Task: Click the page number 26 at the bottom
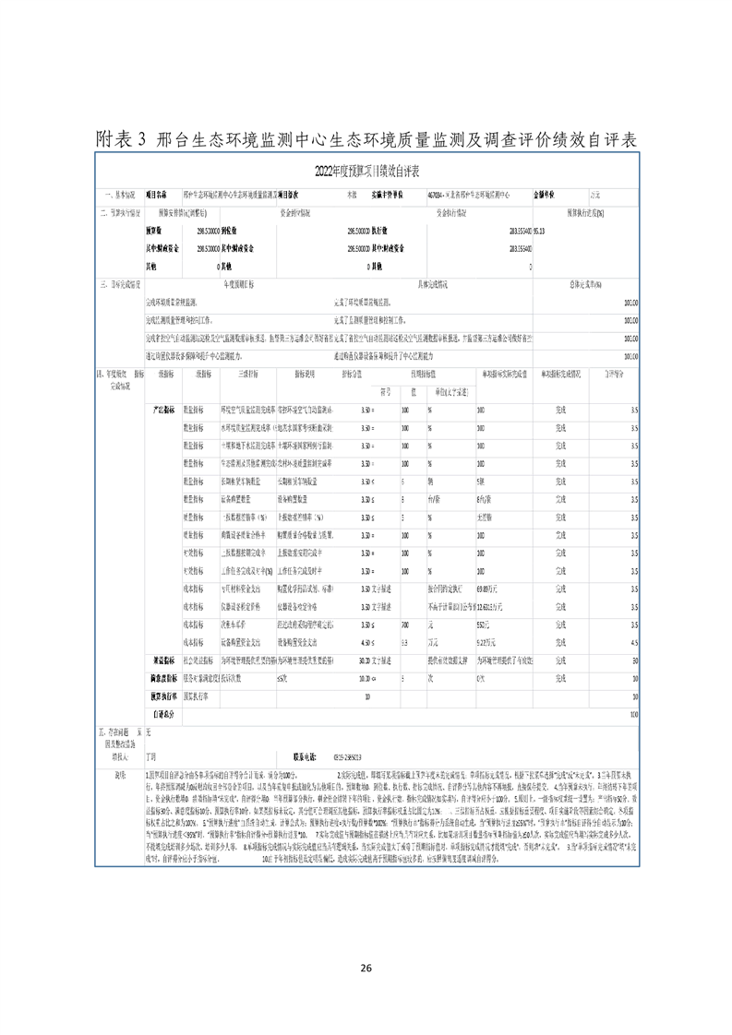click(x=366, y=969)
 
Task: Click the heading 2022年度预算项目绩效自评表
click(x=367, y=172)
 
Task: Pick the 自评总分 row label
click(x=163, y=713)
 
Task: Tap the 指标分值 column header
click(x=328, y=375)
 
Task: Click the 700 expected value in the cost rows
click(x=405, y=626)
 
